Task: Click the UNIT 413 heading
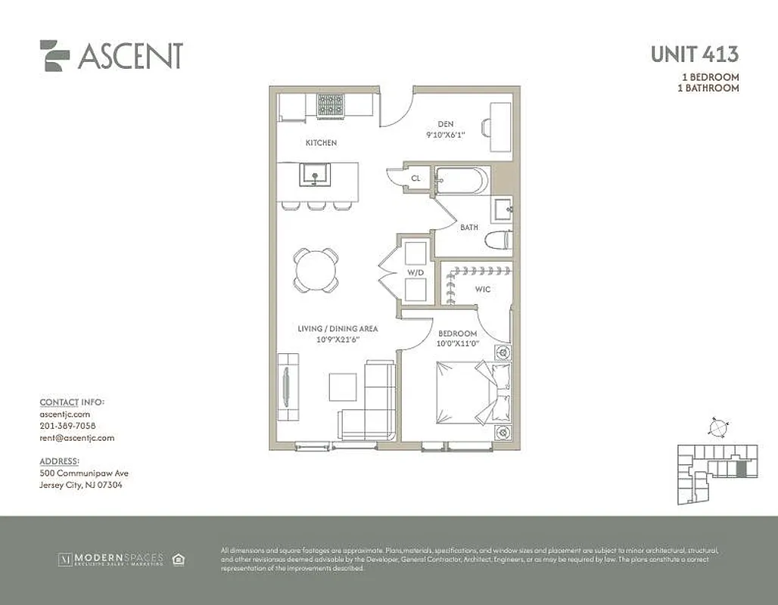pyautogui.click(x=694, y=54)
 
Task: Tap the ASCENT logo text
pyautogui.click(x=129, y=56)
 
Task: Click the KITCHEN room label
pyautogui.click(x=321, y=143)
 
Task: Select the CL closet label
pyautogui.click(x=415, y=179)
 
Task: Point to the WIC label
pyautogui.click(x=484, y=290)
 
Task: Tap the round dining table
pyautogui.click(x=316, y=269)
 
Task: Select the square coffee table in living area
pyautogui.click(x=343, y=387)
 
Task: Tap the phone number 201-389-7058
pyautogui.click(x=67, y=426)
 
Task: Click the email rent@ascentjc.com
pyautogui.click(x=76, y=438)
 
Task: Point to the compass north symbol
pyautogui.click(x=716, y=427)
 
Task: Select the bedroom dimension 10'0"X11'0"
pyautogui.click(x=458, y=344)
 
